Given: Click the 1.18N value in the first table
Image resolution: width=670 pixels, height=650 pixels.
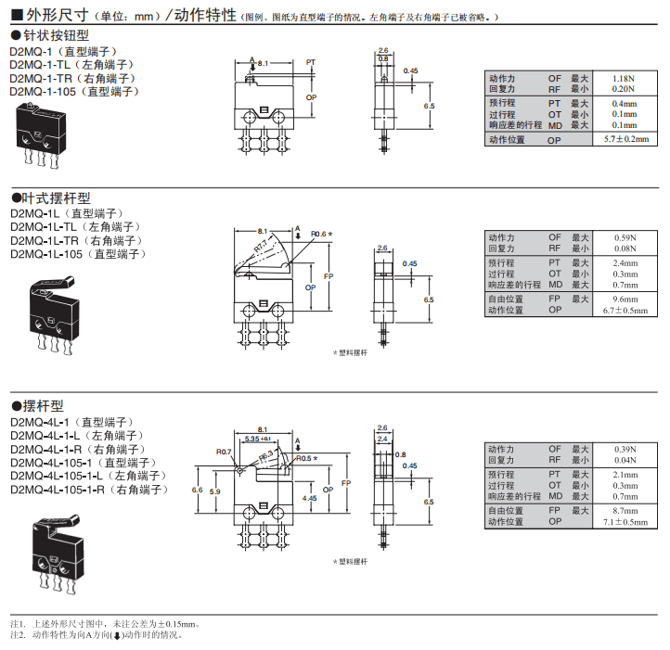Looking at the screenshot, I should (624, 78).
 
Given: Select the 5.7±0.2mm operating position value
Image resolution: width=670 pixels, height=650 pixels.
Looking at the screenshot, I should (624, 139).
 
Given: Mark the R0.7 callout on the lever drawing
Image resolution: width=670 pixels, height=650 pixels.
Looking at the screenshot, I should (224, 452).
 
